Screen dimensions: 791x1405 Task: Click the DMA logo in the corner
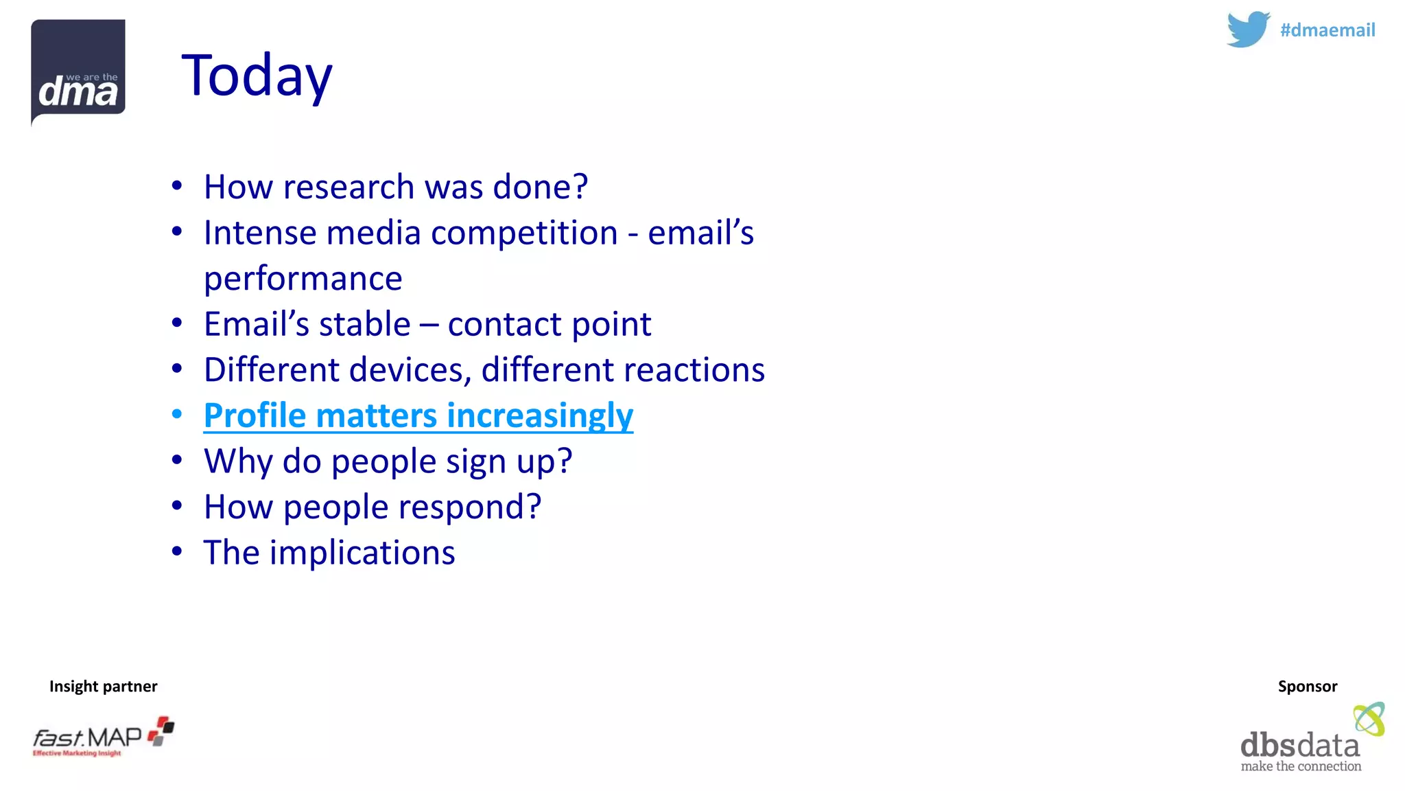(78, 71)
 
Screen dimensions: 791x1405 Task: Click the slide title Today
(257, 76)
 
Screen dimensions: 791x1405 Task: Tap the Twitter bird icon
(1247, 30)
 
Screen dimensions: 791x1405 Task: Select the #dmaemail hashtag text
(1327, 30)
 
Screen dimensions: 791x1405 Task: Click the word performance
(303, 279)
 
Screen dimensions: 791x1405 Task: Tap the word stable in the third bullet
(364, 324)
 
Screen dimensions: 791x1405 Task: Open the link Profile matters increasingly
(418, 416)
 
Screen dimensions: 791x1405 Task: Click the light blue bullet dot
(177, 414)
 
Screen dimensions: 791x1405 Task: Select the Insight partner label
(103, 686)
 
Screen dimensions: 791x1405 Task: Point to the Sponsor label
(1307, 686)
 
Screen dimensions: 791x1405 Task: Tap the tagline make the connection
(1300, 766)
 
